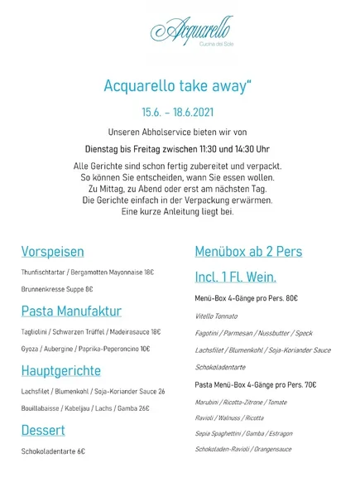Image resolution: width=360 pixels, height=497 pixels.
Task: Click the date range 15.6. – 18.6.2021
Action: pos(180,109)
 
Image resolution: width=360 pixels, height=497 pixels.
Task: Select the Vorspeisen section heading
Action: pos(52,251)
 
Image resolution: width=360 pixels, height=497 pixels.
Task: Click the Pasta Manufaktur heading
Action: pos(71,311)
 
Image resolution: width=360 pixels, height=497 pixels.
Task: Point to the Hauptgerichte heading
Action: pos(61,370)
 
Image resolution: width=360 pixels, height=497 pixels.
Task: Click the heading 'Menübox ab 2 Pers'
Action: pos(248,251)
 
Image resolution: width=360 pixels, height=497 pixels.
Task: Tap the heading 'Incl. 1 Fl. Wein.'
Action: pos(235,277)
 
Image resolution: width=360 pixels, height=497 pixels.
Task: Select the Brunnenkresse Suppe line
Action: pos(57,289)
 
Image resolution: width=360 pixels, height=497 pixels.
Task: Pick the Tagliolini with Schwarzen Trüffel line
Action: pos(92,332)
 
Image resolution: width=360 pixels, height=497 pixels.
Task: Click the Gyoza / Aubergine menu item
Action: pos(86,349)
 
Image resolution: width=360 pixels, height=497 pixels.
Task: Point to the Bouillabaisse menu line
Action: pos(86,408)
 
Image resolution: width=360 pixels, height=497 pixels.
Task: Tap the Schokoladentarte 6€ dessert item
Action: pos(54,451)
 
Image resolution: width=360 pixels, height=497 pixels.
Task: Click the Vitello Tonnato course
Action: pos(217,316)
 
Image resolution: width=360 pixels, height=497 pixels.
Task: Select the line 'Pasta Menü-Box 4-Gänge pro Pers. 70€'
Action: pos(256,384)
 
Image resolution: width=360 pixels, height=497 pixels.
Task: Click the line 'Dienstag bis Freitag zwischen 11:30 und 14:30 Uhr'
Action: pos(180,148)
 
